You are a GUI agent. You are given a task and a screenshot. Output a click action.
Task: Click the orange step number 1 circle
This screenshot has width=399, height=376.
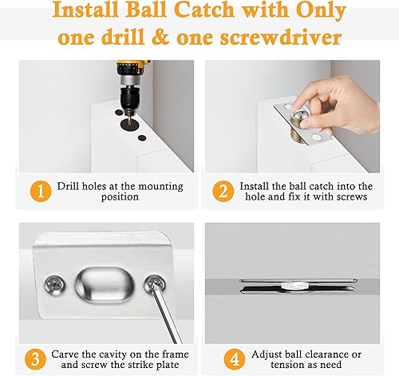[x=41, y=191]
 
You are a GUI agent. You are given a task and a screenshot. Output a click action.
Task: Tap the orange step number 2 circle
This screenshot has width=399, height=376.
[x=223, y=191]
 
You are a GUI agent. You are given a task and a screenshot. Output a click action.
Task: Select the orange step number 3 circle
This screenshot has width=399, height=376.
[x=35, y=359]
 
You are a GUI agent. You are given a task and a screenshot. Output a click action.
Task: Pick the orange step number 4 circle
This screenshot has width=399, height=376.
[x=234, y=359]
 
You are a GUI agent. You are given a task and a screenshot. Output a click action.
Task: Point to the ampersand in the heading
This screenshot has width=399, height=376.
[x=160, y=37]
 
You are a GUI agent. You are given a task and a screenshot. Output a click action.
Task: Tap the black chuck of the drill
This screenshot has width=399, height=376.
[x=128, y=98]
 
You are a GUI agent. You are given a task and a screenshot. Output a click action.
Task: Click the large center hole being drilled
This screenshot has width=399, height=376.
[x=129, y=124]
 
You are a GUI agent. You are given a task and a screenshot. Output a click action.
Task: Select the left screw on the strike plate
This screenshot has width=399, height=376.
[x=54, y=285]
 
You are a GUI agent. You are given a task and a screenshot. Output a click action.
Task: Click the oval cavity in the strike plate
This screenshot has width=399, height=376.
[x=105, y=285]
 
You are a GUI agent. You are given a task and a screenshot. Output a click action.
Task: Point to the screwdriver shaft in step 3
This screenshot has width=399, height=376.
[x=166, y=314]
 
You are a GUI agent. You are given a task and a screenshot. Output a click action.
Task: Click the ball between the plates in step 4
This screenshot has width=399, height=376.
[x=294, y=286]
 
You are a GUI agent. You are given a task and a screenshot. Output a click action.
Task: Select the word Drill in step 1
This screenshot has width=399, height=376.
[x=68, y=186]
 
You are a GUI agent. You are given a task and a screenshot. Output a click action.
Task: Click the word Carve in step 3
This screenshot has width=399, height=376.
[x=65, y=354]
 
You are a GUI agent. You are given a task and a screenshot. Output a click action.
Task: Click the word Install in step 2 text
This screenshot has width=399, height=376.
[x=253, y=186]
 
